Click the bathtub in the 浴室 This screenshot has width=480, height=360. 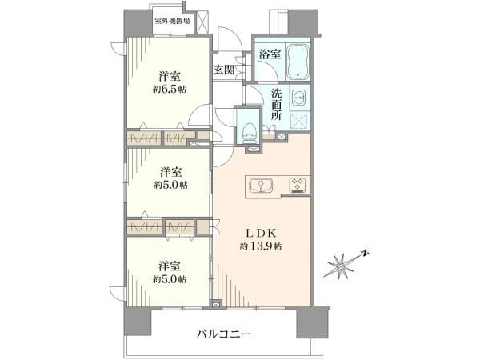coord(298,61)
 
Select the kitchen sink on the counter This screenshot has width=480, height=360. coord(261,185)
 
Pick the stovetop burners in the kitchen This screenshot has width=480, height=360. coord(298,185)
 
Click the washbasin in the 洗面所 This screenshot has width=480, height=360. coord(298,98)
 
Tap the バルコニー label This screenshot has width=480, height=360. coord(224,334)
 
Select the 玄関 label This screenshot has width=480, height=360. coord(224,70)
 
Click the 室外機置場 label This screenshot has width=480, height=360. coord(172,21)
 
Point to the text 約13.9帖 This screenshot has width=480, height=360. coord(261,246)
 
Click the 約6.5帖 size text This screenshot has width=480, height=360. coord(170,90)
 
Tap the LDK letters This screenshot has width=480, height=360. coord(262,234)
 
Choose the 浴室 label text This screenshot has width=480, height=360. coord(270,54)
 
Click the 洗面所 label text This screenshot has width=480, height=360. coord(277,104)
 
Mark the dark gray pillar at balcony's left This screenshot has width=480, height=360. coord(137,322)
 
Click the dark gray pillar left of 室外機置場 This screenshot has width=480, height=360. coord(138,23)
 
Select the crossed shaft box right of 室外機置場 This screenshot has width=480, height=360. coord(202,22)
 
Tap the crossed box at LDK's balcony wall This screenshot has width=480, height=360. coord(216,304)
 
